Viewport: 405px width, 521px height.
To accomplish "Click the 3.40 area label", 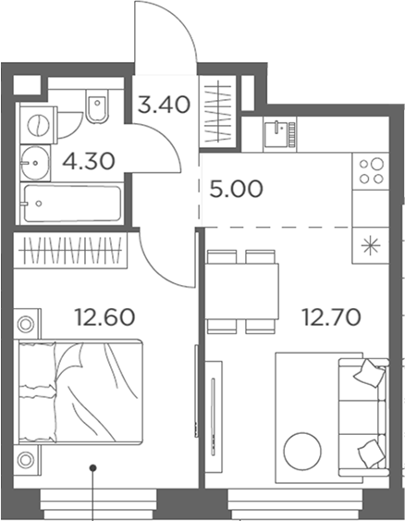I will coord(164,103).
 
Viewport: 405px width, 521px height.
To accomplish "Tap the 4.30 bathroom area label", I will coord(88,161).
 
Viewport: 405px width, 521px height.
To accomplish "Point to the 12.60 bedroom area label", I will coord(104,318).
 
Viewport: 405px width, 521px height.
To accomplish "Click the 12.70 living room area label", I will coord(330,318).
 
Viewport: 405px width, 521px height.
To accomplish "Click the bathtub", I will coord(71,204).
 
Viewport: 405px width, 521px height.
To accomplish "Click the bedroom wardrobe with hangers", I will coord(71,250).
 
